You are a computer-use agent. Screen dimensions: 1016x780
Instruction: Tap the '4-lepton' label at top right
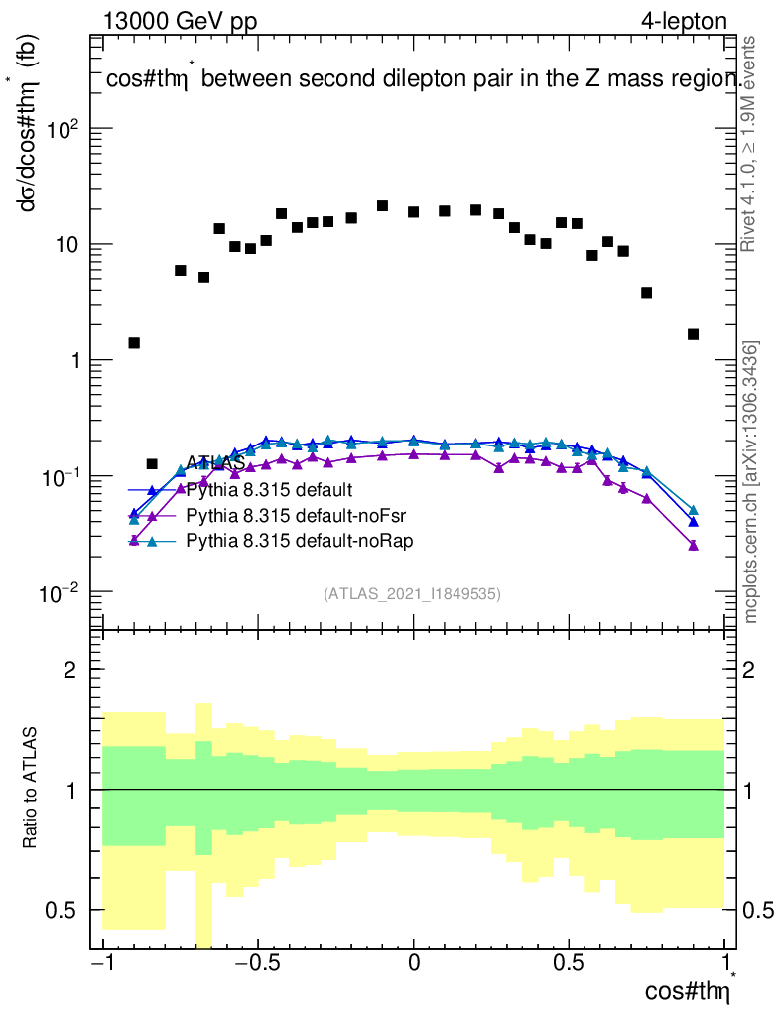[685, 21]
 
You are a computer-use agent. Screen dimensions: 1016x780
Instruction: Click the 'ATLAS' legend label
[215, 463]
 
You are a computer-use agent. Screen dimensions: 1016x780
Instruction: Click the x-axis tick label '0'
[414, 962]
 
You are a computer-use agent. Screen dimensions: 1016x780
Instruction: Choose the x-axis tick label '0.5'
[568, 962]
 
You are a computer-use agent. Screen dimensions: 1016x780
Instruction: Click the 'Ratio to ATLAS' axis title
[31, 789]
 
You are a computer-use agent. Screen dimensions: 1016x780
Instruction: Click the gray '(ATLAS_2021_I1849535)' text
[412, 594]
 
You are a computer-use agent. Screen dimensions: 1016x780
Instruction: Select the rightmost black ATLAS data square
[693, 334]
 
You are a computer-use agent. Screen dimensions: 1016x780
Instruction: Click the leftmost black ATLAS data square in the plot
[134, 343]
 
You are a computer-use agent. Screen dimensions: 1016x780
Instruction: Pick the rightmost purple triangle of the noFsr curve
[693, 545]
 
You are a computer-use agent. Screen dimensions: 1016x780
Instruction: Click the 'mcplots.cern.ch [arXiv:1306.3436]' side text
[751, 482]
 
